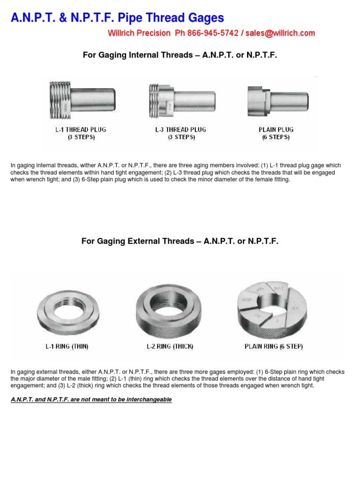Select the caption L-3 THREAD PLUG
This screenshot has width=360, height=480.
pos(180,130)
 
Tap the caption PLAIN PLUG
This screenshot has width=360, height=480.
pos(276,130)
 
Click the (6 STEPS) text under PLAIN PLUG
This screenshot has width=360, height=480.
pos(276,137)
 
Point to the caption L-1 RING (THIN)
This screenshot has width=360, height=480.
pos(67,347)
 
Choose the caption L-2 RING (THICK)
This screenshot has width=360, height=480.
pos(170,347)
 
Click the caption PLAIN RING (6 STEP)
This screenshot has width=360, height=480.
pos(274,347)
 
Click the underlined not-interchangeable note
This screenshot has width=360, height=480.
pos(91,400)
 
